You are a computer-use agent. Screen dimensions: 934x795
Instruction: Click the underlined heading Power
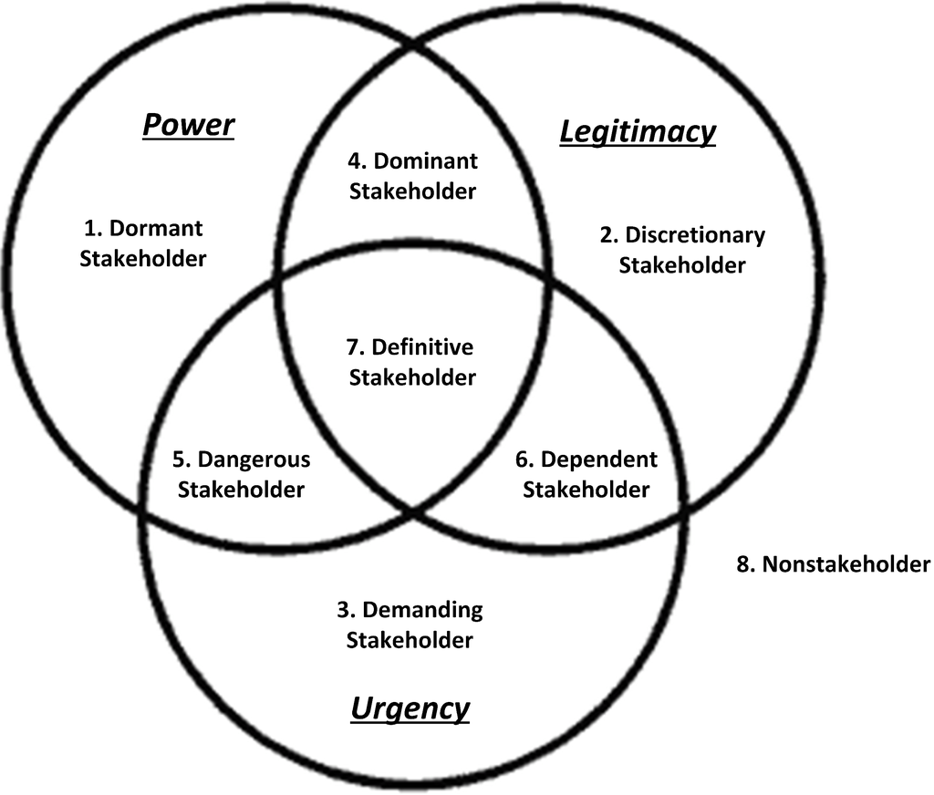pos(189,126)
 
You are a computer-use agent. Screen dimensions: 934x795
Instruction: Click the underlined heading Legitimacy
pos(638,132)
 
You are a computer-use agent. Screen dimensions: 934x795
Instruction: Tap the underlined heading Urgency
pos(410,709)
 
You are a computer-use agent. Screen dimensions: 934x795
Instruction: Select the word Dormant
pos(156,228)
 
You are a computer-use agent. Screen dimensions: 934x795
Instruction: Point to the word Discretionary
pos(695,235)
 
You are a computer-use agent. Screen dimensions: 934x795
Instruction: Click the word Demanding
pos(422,610)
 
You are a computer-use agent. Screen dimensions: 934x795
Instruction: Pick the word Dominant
pos(425,160)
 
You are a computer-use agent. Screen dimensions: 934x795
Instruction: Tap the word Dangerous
pos(254,459)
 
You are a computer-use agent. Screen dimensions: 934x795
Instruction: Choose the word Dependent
pos(599,459)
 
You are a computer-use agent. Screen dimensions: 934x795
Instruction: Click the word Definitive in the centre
pos(422,347)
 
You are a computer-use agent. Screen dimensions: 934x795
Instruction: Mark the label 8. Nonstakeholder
pos(834,564)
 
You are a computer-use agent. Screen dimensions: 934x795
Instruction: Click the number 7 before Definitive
pos(354,347)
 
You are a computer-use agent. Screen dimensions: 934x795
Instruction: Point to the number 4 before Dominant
pos(356,160)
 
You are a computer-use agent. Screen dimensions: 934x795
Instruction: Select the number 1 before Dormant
pos(92,228)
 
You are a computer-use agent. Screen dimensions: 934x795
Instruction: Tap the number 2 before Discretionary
pos(607,235)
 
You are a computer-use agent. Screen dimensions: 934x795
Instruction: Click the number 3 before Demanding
pos(344,610)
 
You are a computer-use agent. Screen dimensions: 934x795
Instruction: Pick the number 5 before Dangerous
pos(180,459)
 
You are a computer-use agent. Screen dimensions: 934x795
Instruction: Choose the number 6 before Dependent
pos(523,459)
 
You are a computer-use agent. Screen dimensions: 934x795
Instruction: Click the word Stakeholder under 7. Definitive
pos(412,377)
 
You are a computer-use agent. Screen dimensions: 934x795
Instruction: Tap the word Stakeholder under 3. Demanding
pos(410,640)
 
